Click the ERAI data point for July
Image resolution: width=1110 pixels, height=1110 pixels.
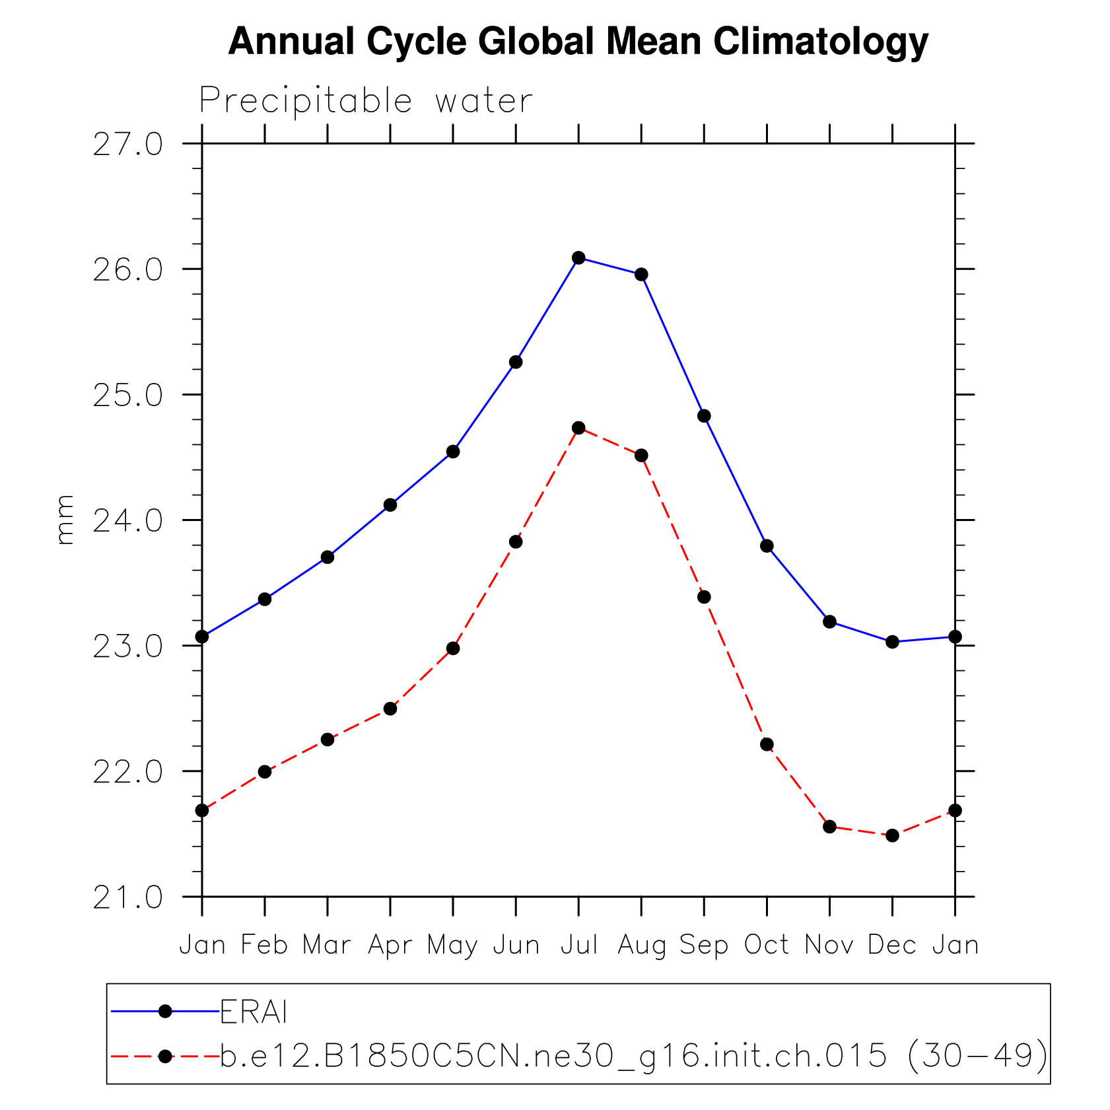point(578,258)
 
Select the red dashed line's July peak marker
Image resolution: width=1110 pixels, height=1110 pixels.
point(578,428)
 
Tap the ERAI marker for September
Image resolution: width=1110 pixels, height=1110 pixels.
point(704,416)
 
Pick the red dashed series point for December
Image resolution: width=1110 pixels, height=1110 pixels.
point(892,835)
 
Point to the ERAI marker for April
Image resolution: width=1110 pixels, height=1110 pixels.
point(390,505)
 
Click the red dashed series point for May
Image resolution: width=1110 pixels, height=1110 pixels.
point(453,648)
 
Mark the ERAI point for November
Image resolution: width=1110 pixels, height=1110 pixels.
point(829,621)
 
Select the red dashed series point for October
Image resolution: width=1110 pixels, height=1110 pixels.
point(767,744)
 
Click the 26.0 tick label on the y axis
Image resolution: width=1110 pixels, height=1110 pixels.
point(127,270)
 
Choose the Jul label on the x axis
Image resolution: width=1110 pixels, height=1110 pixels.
point(579,945)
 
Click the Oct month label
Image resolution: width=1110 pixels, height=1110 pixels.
point(767,945)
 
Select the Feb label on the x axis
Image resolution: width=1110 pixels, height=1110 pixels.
point(264,945)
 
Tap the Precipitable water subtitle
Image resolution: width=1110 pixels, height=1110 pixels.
point(366,101)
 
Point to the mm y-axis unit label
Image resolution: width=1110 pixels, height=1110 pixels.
point(65,520)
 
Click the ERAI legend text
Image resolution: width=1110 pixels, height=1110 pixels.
point(254,1012)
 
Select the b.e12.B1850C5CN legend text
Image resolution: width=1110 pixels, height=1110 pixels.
point(633,1056)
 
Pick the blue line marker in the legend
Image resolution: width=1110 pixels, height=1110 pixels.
point(165,1011)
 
